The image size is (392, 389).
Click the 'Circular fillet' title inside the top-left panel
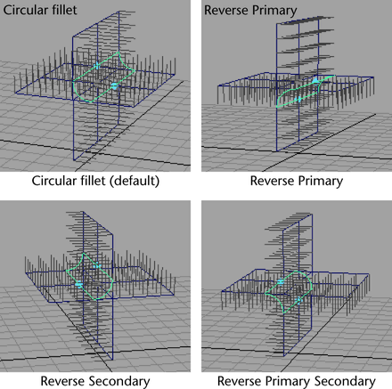pyautogui.click(x=40, y=10)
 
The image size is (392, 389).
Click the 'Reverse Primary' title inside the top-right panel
pyautogui.click(x=250, y=11)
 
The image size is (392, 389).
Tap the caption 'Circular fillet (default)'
pyautogui.click(x=95, y=181)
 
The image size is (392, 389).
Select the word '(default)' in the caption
pyautogui.click(x=135, y=182)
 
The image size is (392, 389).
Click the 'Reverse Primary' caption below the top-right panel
pyautogui.click(x=297, y=181)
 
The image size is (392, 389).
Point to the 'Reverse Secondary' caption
pyautogui.click(x=95, y=381)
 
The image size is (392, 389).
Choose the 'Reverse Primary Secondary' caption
pyautogui.click(x=297, y=381)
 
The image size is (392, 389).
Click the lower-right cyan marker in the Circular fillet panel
pyautogui.click(x=114, y=86)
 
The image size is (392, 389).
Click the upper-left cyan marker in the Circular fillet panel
pyautogui.click(x=96, y=66)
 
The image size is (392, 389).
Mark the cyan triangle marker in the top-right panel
pyautogui.click(x=315, y=80)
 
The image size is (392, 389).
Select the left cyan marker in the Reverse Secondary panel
pyautogui.click(x=78, y=285)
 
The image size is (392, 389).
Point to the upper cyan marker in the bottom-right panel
pyautogui.click(x=281, y=281)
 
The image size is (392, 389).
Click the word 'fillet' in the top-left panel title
pyautogui.click(x=63, y=10)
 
